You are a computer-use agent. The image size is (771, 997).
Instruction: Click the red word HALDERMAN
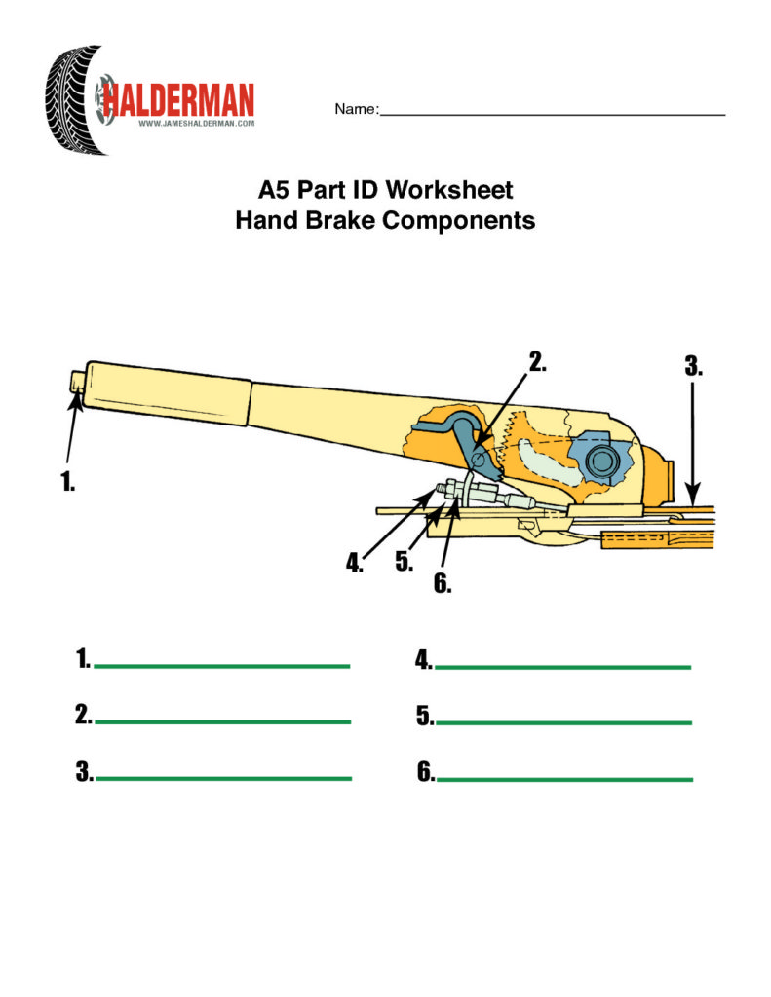pos(178,100)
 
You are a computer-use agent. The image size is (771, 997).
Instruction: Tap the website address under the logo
pos(196,124)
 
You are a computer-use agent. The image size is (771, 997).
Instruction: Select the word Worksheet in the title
pos(448,190)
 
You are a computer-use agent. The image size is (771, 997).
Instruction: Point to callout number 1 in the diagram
pos(67,481)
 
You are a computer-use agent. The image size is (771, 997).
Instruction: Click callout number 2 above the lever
pos(538,362)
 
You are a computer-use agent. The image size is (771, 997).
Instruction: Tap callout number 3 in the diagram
pos(694,366)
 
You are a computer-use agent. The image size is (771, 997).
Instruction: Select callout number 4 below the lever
pos(354,562)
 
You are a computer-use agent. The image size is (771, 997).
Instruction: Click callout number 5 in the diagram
pos(405,562)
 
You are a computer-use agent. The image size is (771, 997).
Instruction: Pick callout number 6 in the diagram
pos(443,583)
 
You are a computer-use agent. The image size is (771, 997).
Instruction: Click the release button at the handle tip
pos(78,381)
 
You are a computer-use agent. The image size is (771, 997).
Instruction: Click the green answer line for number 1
pos(222,666)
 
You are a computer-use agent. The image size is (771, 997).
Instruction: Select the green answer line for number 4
pos(562,667)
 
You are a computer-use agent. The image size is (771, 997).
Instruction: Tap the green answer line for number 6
pos(564,779)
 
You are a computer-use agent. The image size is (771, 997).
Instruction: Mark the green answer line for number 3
pos(223,778)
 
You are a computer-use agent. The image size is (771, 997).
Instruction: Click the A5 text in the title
pos(275,190)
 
